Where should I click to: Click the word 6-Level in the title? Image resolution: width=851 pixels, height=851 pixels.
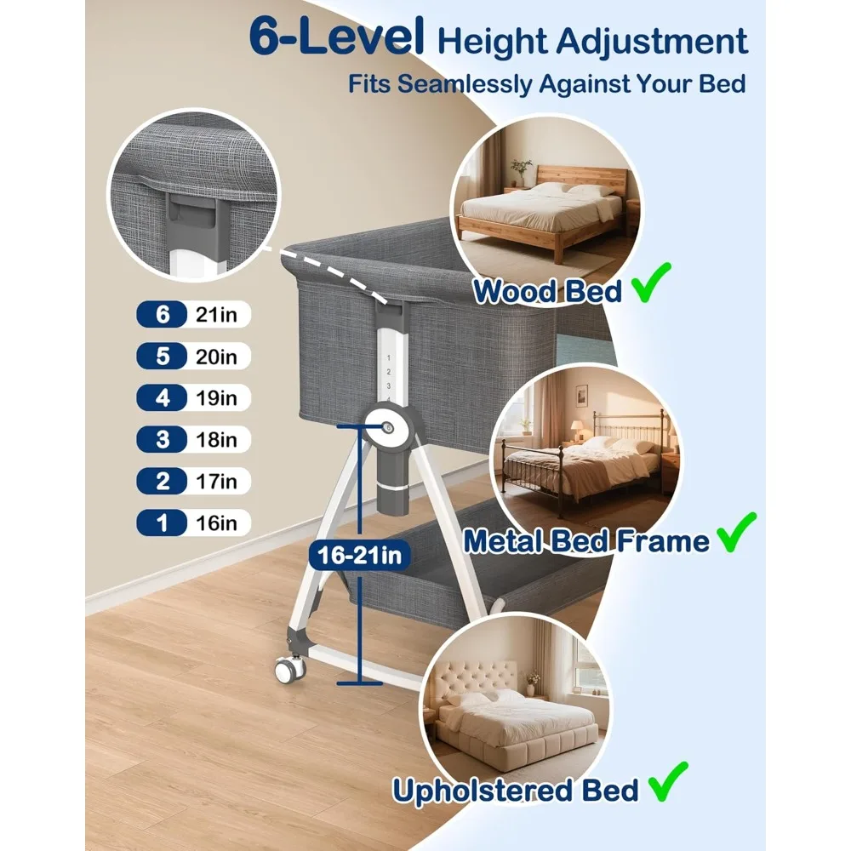click(336, 37)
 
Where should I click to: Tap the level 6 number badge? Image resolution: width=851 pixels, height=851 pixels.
click(162, 314)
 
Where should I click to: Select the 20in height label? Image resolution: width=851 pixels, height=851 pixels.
click(216, 357)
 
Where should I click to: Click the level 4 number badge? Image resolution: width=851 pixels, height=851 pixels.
click(162, 397)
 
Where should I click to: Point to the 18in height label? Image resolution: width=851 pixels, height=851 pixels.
click(216, 440)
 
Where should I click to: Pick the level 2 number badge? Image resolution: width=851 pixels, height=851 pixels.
click(162, 482)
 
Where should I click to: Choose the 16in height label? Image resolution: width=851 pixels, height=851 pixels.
click(216, 523)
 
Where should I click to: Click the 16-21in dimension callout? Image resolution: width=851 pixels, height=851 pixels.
click(359, 555)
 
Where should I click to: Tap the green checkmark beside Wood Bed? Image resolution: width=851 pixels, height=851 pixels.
click(651, 283)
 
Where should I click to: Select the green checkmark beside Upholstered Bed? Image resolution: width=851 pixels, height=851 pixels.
click(668, 781)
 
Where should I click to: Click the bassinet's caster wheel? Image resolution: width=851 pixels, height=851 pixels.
click(289, 669)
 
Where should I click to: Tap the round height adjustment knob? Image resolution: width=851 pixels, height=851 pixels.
click(389, 427)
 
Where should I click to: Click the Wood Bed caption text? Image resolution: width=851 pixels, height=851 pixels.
click(547, 291)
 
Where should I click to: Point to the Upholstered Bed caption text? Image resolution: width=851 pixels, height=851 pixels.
click(515, 790)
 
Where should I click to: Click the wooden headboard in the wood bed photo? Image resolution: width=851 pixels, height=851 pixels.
click(582, 178)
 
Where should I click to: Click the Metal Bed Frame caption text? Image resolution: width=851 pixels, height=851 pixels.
click(586, 541)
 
